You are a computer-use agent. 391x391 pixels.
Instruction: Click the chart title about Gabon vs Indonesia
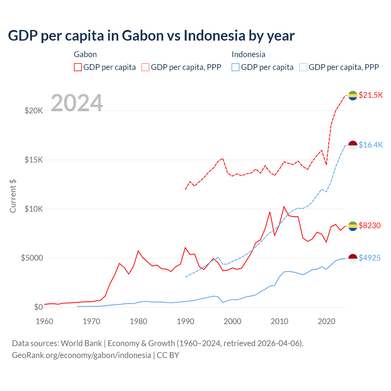point(151,36)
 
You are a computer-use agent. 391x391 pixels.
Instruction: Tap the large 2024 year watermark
point(77,103)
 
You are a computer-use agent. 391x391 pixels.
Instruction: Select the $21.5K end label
point(371,95)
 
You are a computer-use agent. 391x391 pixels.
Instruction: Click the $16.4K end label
point(371,145)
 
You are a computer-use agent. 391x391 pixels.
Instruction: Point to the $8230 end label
point(370,225)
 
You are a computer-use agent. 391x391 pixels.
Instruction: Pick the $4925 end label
point(370,258)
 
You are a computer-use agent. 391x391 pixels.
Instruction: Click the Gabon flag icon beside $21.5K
point(353,95)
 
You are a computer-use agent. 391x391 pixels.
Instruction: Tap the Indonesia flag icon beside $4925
point(353,258)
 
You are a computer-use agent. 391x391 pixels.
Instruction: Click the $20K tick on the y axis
point(34,111)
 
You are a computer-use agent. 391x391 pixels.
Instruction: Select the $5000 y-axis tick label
point(32,258)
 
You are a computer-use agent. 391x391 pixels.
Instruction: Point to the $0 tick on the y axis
point(38,307)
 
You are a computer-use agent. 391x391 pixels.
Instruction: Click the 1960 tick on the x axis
point(45,321)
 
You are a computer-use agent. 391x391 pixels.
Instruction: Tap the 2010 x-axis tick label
point(280,321)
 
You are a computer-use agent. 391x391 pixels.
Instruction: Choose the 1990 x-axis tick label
point(185,321)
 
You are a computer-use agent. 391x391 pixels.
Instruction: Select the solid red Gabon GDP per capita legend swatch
point(78,67)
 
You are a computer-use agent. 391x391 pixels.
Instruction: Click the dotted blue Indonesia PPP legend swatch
point(303,67)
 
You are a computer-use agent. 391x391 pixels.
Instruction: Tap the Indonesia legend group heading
point(248,54)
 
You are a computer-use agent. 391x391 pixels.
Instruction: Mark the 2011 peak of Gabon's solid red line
point(284,207)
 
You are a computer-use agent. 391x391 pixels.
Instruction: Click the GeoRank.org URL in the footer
point(82,355)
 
